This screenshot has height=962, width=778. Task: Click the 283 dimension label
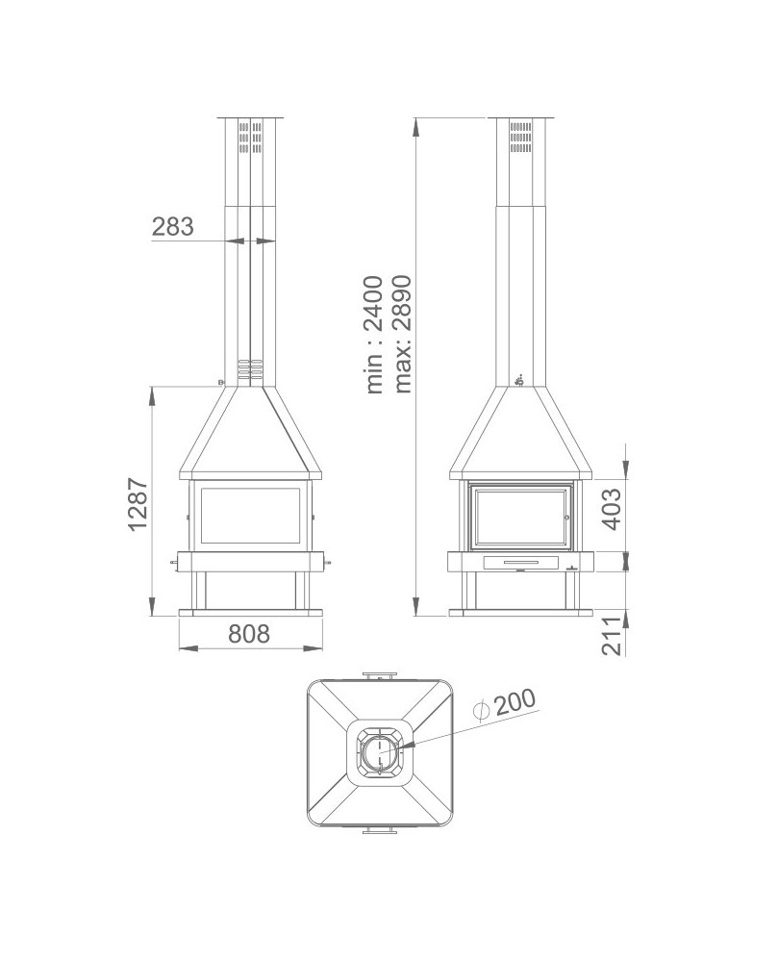click(x=173, y=227)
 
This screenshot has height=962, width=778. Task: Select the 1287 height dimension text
click(x=137, y=504)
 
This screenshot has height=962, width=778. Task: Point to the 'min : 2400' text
click(x=375, y=334)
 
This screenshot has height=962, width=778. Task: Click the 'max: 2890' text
click(x=403, y=334)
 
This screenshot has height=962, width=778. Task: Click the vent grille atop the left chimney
click(x=251, y=139)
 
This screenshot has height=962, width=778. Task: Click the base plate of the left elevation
click(x=251, y=612)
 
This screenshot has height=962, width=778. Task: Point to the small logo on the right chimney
click(x=520, y=382)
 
